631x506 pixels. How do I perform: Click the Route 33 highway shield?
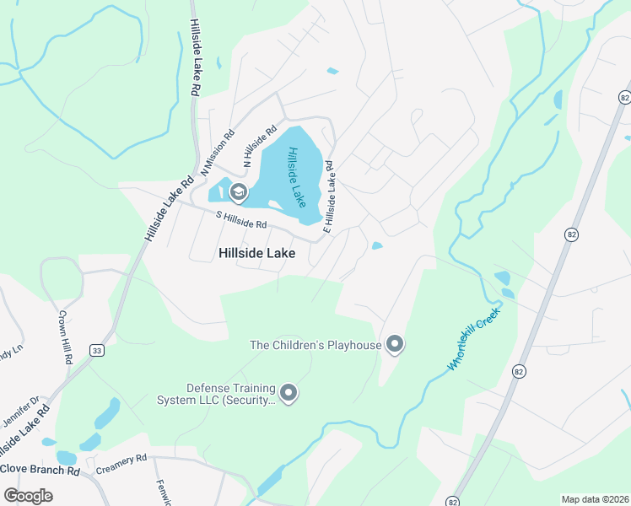pos(98,351)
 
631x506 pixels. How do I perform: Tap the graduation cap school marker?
pos(238,193)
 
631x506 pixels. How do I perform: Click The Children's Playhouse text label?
pos(316,344)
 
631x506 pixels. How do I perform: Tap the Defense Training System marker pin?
pos(289,393)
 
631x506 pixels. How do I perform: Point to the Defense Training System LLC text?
pos(217,394)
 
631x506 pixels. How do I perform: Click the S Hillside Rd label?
pos(241,220)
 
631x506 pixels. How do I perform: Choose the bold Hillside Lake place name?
pos(257,252)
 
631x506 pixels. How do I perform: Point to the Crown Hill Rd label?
pos(64,336)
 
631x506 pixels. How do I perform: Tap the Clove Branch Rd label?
pos(39,468)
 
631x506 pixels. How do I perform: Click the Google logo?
pos(28,495)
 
